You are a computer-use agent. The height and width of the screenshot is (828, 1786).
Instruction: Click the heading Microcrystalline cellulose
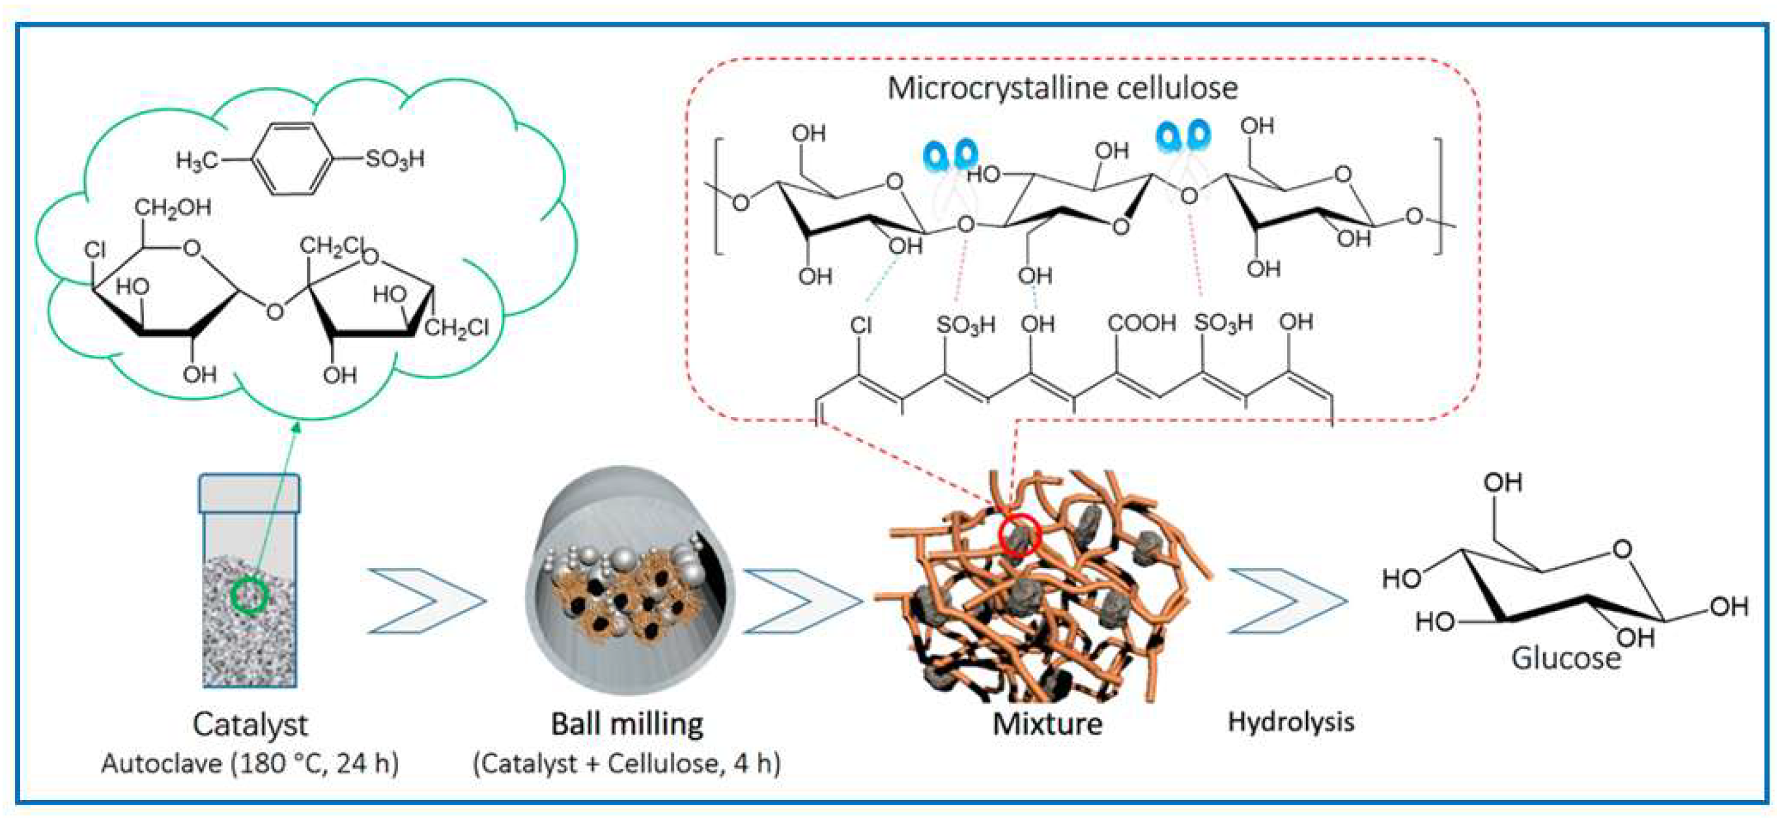pyautogui.click(x=1062, y=89)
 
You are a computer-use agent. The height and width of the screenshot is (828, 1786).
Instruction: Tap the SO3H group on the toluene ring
pyautogui.click(x=395, y=160)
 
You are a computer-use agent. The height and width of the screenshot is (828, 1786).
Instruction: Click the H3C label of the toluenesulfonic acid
pyautogui.click(x=195, y=162)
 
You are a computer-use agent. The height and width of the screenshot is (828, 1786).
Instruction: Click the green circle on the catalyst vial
pyautogui.click(x=249, y=595)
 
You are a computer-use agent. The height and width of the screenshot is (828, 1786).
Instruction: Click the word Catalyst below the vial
pyautogui.click(x=249, y=724)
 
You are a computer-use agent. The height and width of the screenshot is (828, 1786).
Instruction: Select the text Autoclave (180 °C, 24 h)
pyautogui.click(x=249, y=764)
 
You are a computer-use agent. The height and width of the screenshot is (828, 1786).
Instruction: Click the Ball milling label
pyautogui.click(x=627, y=724)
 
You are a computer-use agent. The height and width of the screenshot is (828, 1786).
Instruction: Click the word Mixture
pyautogui.click(x=1047, y=724)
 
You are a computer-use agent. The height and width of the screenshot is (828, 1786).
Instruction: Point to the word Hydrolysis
pyautogui.click(x=1291, y=722)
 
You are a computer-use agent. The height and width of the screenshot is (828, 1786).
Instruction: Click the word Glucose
pyautogui.click(x=1566, y=658)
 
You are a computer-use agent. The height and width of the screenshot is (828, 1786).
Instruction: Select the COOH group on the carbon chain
pyautogui.click(x=1141, y=323)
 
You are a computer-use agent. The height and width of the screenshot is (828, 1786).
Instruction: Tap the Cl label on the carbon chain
pyautogui.click(x=860, y=325)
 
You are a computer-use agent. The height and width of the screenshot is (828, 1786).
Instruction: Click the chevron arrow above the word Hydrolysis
pyautogui.click(x=1287, y=601)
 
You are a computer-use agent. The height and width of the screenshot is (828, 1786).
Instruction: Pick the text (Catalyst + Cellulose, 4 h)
pyautogui.click(x=627, y=764)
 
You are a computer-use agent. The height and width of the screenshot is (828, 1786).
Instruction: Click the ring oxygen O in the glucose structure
pyautogui.click(x=1622, y=549)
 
